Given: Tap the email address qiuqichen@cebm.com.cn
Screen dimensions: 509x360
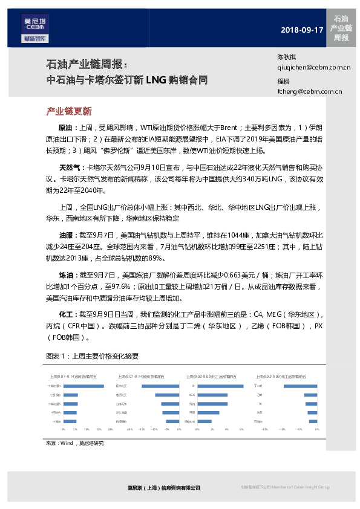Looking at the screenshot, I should [x=313, y=68].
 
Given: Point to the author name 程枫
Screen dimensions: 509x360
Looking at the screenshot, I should [x=283, y=81].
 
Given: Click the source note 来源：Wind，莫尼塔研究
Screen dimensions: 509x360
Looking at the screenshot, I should [x=74, y=443].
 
